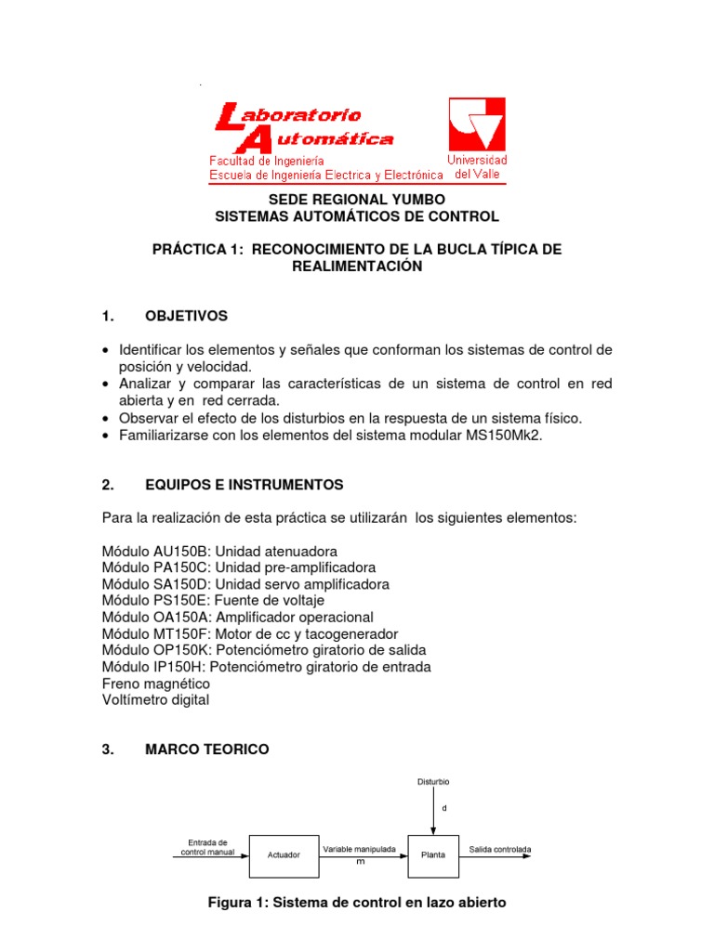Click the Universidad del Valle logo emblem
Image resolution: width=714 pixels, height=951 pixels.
477,124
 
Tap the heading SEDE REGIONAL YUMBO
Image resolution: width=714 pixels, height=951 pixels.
357,200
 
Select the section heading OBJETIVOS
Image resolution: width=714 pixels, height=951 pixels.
186,316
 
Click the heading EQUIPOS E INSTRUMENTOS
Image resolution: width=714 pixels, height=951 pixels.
244,484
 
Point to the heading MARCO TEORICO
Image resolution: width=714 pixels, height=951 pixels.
207,749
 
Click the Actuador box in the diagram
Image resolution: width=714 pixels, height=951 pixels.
283,854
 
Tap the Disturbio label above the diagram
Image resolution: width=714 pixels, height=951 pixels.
433,782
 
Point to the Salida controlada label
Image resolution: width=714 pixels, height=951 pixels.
500,849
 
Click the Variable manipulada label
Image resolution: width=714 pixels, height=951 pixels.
359,849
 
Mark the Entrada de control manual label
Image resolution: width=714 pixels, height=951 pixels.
207,847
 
